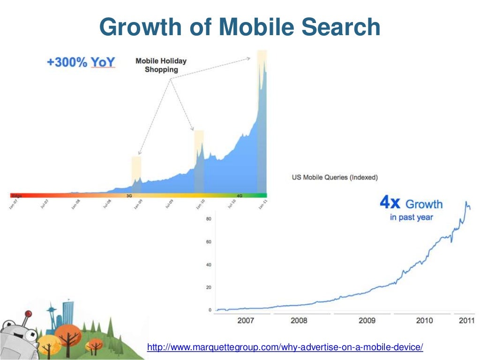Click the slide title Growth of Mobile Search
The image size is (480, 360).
coord(240,27)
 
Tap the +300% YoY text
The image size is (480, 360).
coord(81,62)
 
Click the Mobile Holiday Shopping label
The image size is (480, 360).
coord(161,65)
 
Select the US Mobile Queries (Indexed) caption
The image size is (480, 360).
coord(335,177)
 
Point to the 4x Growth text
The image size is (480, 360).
coord(411,204)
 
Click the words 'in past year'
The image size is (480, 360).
coord(411,217)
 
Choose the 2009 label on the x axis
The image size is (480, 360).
coord(367,320)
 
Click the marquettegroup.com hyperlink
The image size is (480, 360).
coord(285,347)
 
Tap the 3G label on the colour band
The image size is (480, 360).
coord(129,195)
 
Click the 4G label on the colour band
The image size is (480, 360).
coord(239,195)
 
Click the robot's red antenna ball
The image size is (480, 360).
coord(28,313)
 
